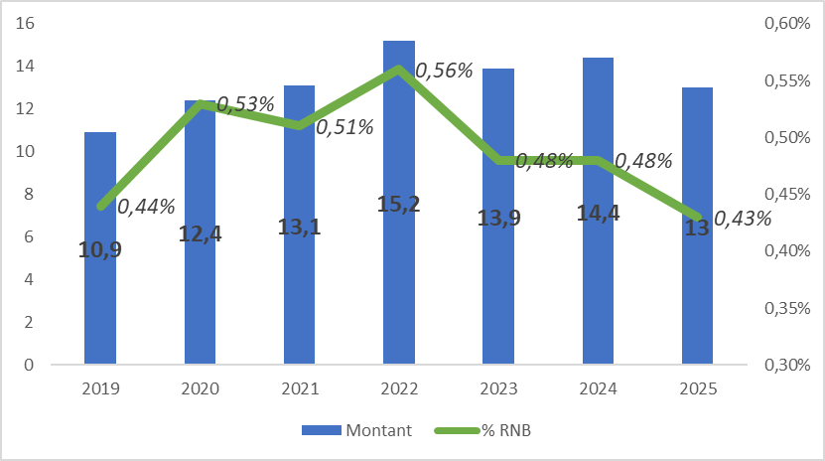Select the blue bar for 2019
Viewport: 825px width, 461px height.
[x=100, y=298]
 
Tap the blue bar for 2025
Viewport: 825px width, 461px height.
[x=697, y=298]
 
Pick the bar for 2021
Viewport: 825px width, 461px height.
[x=299, y=298]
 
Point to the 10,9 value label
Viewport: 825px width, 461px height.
[x=100, y=249]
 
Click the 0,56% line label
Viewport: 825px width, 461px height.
[x=444, y=71]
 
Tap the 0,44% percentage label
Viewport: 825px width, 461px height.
[x=146, y=207]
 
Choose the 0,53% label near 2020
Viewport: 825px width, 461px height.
[x=245, y=104]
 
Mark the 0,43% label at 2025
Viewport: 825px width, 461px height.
[x=743, y=219]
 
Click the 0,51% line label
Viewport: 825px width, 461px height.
[x=344, y=126]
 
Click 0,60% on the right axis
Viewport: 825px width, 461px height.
[x=784, y=23]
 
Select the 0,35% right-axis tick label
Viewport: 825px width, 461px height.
[x=784, y=308]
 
